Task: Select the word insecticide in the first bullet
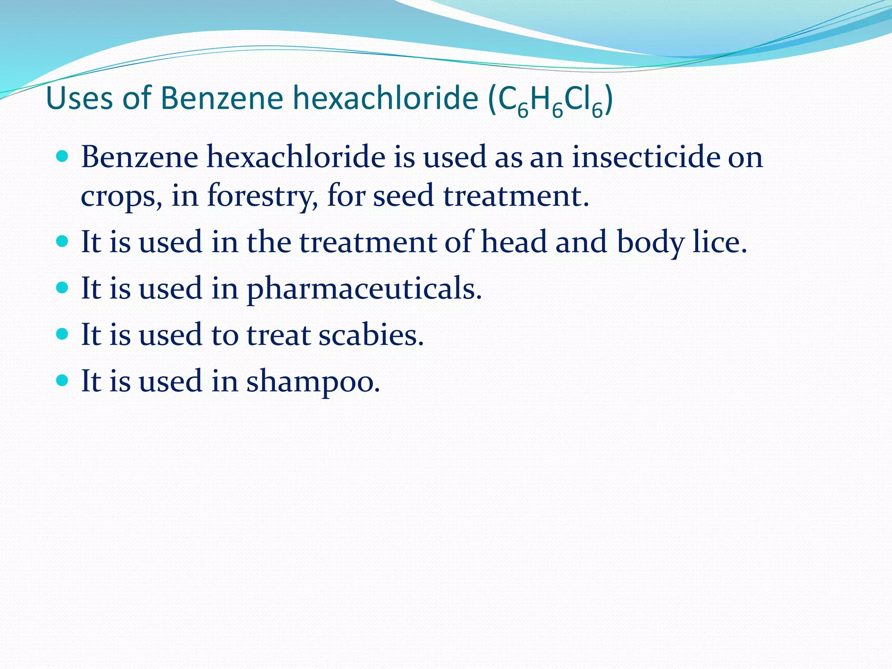[x=645, y=157]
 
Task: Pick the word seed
[x=403, y=196]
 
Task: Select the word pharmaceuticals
[x=364, y=289]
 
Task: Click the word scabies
[x=371, y=335]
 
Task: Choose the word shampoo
[x=313, y=382]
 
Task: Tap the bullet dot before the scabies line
[x=63, y=334]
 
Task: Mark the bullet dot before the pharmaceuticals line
[x=63, y=287]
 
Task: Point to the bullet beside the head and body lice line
[x=63, y=241]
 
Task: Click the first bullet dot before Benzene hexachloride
[x=63, y=156]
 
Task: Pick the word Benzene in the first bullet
[x=139, y=157]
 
